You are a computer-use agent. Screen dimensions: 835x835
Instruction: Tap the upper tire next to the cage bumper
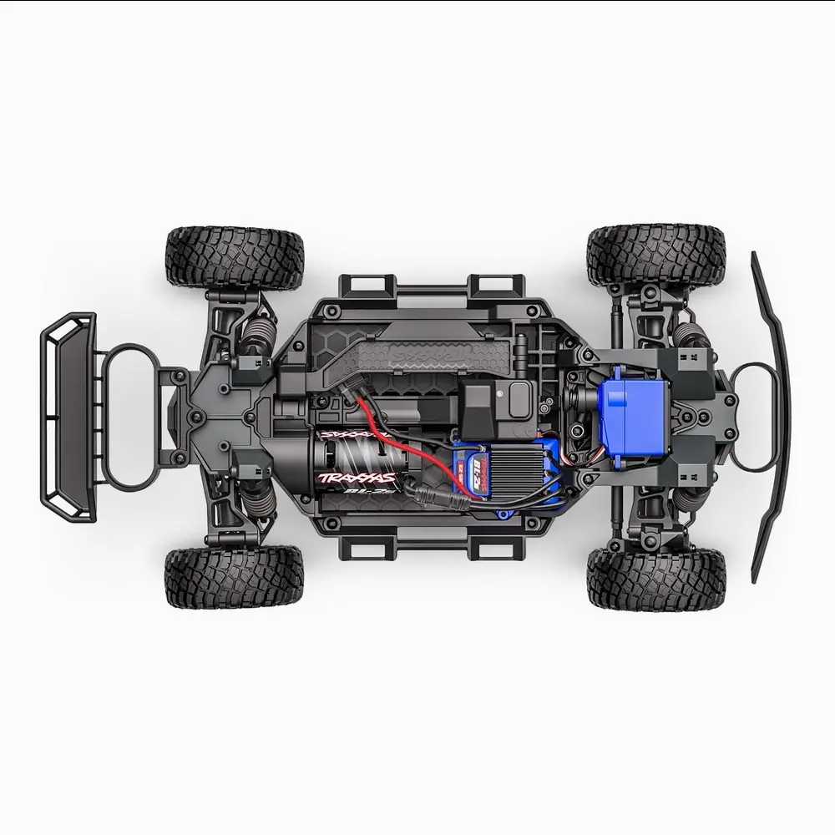(234, 257)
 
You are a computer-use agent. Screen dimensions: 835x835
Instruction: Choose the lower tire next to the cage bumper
(234, 577)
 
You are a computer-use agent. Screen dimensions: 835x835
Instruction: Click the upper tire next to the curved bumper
(655, 255)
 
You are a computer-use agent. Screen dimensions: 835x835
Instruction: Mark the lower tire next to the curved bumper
(655, 578)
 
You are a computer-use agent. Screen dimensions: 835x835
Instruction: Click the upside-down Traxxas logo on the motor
(355, 435)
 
